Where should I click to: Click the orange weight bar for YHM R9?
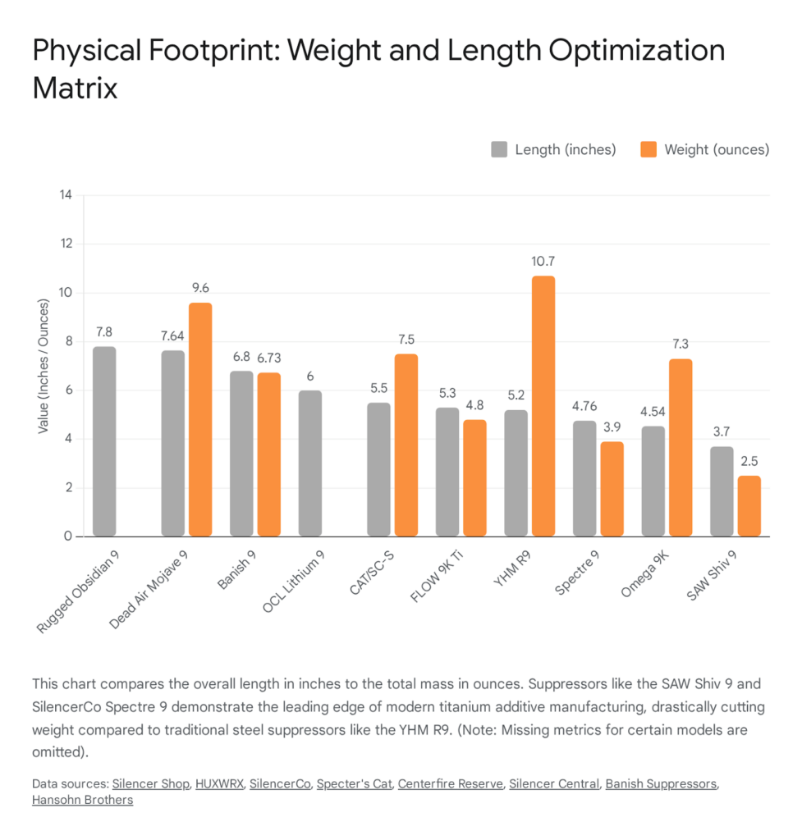click(543, 406)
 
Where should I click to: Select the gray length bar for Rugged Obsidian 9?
click(104, 441)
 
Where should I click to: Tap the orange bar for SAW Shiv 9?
click(748, 506)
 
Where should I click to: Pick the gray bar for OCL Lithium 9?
click(309, 463)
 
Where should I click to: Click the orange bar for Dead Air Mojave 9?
click(200, 419)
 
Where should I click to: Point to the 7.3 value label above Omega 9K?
click(680, 345)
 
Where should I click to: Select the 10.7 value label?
click(543, 262)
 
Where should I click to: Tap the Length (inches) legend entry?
click(553, 149)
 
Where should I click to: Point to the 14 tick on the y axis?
click(66, 195)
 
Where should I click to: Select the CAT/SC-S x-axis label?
click(374, 577)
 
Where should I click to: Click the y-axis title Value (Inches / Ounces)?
click(43, 366)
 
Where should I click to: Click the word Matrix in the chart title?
click(75, 88)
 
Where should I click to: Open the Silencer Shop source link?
click(150, 784)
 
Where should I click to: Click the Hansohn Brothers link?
click(82, 800)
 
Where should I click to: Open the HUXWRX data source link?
click(219, 784)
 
